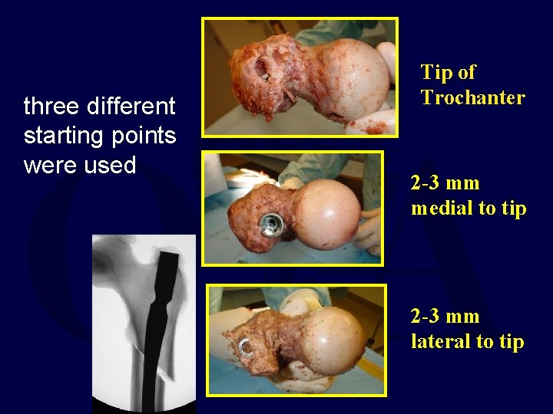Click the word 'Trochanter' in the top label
point(472,97)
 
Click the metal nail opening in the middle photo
point(271,224)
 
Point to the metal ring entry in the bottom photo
point(246,349)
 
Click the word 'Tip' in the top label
point(435,73)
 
